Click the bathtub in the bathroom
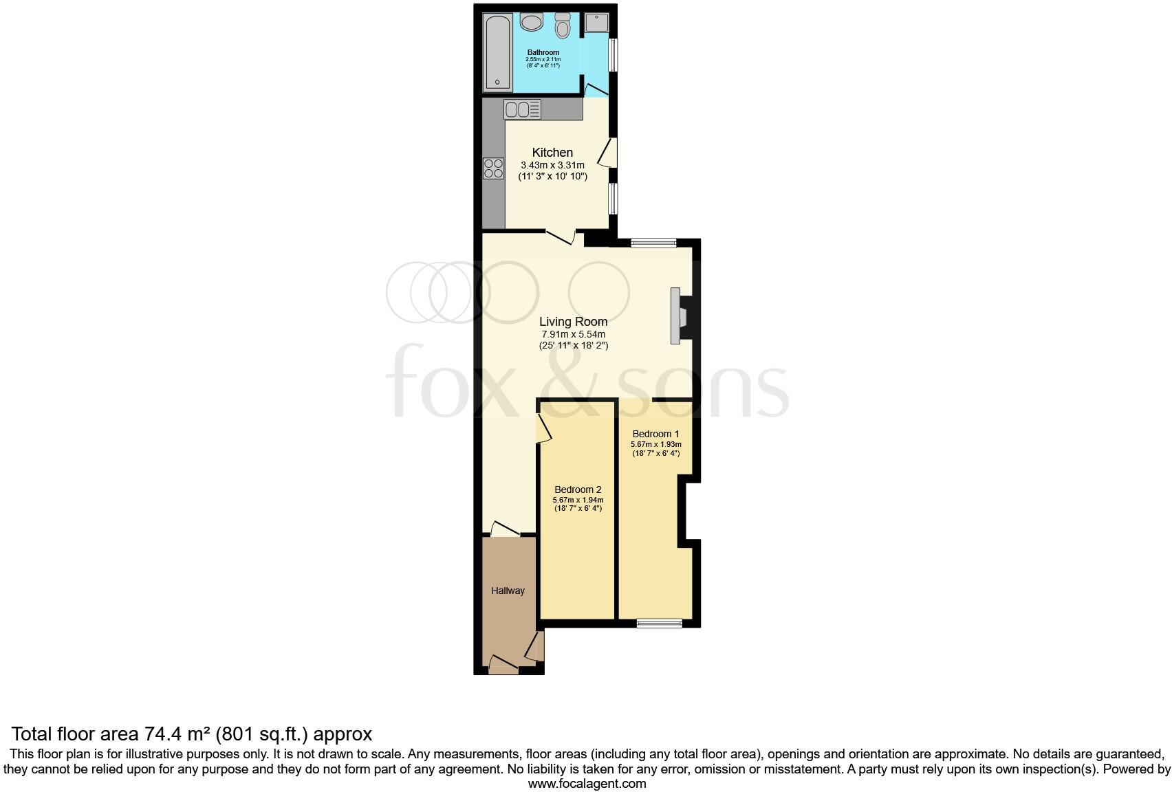point(497,54)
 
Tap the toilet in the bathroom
point(563,26)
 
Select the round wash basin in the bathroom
point(531,23)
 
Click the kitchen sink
point(523,109)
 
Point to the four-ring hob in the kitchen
point(493,168)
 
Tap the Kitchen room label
point(552,153)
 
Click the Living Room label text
point(573,321)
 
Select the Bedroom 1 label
point(655,434)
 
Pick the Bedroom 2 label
point(578,489)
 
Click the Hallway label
point(508,591)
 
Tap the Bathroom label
point(543,52)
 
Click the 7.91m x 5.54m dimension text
point(573,334)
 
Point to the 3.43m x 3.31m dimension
point(552,165)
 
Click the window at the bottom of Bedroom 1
point(659,624)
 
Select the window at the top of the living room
point(653,242)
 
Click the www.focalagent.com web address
point(587,783)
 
